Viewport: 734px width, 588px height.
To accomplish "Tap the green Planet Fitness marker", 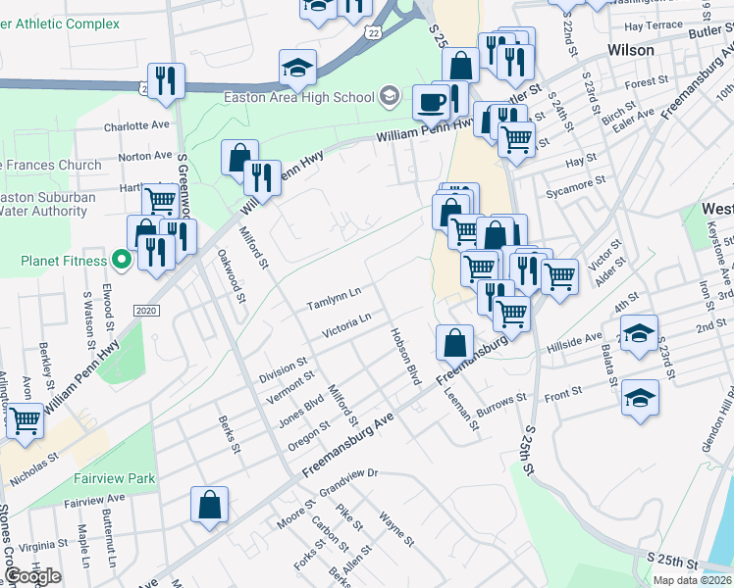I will click(122, 261).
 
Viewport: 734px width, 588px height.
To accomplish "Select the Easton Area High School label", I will click(298, 97).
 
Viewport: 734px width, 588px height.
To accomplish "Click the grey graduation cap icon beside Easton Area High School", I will click(390, 96).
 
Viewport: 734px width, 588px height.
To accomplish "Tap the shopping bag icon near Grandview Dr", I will click(210, 505).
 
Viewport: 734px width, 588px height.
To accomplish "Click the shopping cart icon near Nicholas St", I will click(25, 420).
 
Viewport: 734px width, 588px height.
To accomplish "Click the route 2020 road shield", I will click(145, 311).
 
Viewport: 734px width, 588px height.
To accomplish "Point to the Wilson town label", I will click(631, 50).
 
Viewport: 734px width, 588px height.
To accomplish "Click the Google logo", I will click(32, 576).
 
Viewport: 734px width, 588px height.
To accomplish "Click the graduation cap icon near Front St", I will click(640, 397).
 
